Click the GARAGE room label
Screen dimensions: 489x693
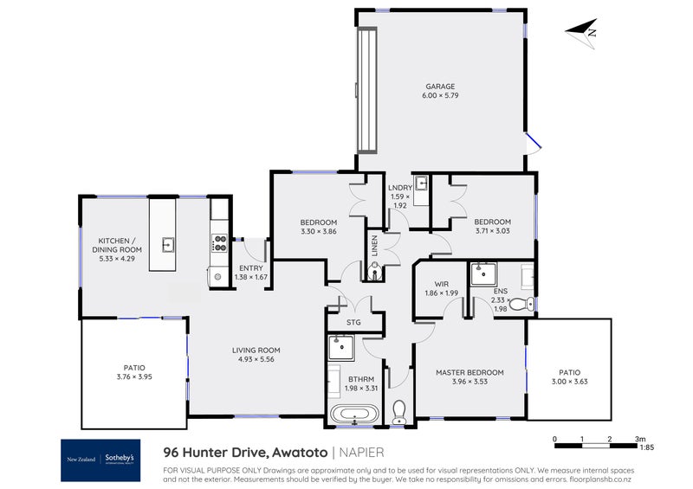tap(440, 87)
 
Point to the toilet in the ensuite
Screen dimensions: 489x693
tap(517, 305)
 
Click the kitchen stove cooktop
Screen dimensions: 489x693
tap(220, 244)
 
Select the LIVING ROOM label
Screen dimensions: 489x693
tap(256, 351)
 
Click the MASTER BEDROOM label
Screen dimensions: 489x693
tap(470, 372)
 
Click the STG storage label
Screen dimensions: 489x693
tap(353, 324)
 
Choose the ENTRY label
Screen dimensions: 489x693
tap(251, 268)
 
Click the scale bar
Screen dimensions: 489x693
tap(596, 447)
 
